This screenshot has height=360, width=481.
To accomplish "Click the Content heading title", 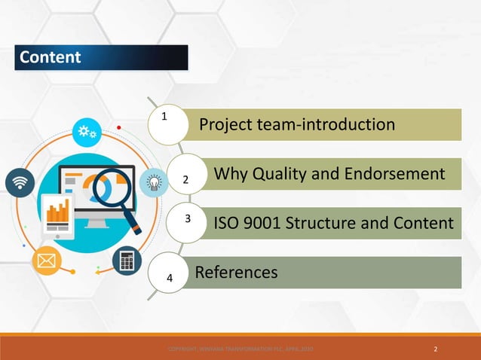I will pyautogui.click(x=50, y=58).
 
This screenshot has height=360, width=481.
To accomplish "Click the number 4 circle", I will pyautogui.click(x=170, y=277).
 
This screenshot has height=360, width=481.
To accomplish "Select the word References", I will pyautogui.click(x=236, y=272).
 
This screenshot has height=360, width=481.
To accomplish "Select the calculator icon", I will pyautogui.click(x=125, y=260).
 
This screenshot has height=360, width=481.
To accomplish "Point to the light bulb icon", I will pyautogui.click(x=152, y=182).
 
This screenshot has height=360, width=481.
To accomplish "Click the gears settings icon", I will pyautogui.click(x=85, y=132).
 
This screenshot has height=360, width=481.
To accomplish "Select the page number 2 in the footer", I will pyautogui.click(x=437, y=349).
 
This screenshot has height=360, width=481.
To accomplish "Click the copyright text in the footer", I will pyautogui.click(x=240, y=349).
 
